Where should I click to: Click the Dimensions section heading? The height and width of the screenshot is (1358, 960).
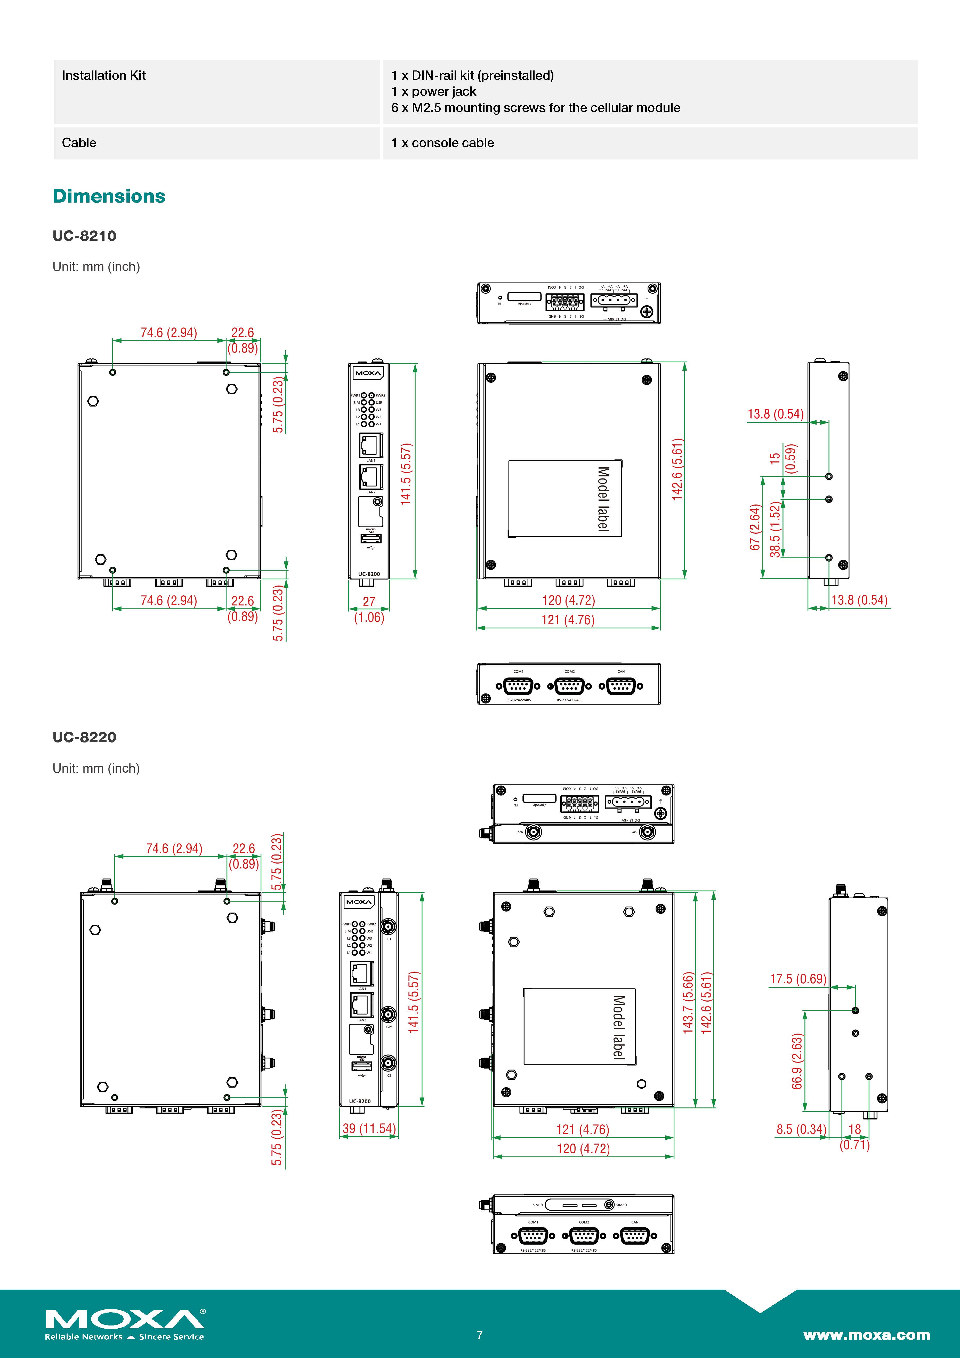(x=109, y=196)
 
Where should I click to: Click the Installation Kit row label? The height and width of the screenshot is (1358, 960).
(x=103, y=76)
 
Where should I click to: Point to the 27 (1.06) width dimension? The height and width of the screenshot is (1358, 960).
(x=369, y=609)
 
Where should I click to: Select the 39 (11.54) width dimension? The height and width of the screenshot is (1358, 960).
(x=369, y=1129)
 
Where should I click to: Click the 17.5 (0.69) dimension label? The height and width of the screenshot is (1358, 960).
(x=798, y=979)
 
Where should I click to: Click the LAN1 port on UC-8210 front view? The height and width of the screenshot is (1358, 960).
(x=371, y=445)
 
